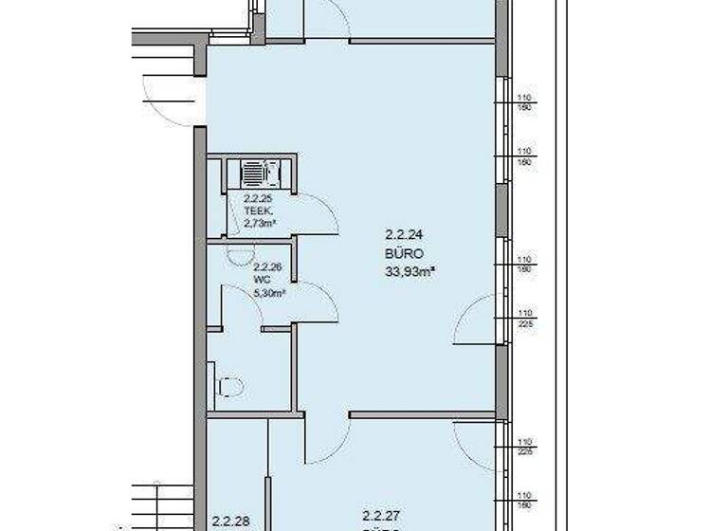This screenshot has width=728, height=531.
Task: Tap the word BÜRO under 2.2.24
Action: coord(403,253)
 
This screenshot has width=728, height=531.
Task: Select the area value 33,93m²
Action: coord(409,271)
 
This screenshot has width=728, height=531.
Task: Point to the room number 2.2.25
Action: coord(258,199)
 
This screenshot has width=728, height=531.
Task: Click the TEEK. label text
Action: coord(257,211)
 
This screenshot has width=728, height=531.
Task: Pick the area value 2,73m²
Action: coord(259,224)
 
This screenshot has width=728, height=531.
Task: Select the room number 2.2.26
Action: coord(268,267)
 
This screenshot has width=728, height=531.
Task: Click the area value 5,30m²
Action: coord(269,294)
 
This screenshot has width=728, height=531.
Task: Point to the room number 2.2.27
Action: coord(378,516)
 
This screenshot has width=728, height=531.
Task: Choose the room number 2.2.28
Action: coord(229,521)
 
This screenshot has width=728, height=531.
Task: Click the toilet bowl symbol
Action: coord(230,387)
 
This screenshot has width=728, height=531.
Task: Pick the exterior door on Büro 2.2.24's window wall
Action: coord(476,320)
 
